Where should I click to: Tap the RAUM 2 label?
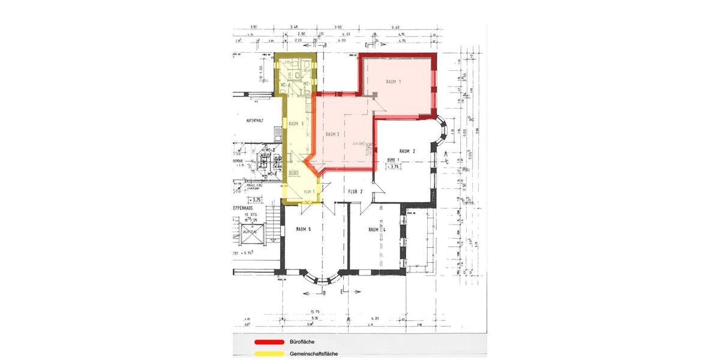pos(406,152)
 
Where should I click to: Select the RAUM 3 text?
pos(333,135)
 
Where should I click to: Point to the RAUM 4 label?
pos(377,230)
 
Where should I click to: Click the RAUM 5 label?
pos(303,229)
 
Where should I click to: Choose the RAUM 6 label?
pos(297,124)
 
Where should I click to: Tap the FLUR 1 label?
pos(310,191)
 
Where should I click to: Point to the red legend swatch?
pos(265,342)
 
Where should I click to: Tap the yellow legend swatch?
pos(265,353)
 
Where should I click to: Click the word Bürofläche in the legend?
pos(302,342)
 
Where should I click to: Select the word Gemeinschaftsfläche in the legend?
pos(313,353)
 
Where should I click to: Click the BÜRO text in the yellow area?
pos(294,173)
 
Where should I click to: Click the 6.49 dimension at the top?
pos(395,28)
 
